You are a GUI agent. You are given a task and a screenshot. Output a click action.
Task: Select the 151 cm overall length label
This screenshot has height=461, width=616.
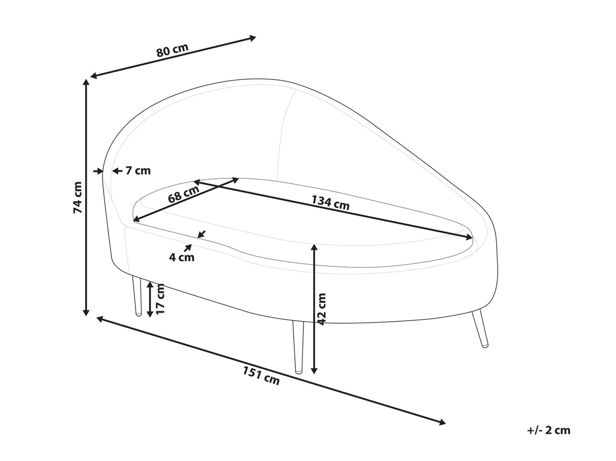coord(261,376)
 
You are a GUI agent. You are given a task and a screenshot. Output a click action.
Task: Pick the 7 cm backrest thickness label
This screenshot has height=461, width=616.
coord(138,171)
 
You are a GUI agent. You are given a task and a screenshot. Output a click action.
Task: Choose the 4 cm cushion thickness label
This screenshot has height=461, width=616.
coord(182,257)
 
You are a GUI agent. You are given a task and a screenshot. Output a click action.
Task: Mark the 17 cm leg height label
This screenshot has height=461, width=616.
coord(161,299)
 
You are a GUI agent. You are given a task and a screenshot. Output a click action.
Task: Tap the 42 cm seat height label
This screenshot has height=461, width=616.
coord(322,307)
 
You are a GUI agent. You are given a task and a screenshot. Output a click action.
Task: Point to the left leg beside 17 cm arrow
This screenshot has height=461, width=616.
coord(136,296)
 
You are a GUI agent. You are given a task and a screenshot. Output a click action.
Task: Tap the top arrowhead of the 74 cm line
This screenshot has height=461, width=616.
coord(87,84)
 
